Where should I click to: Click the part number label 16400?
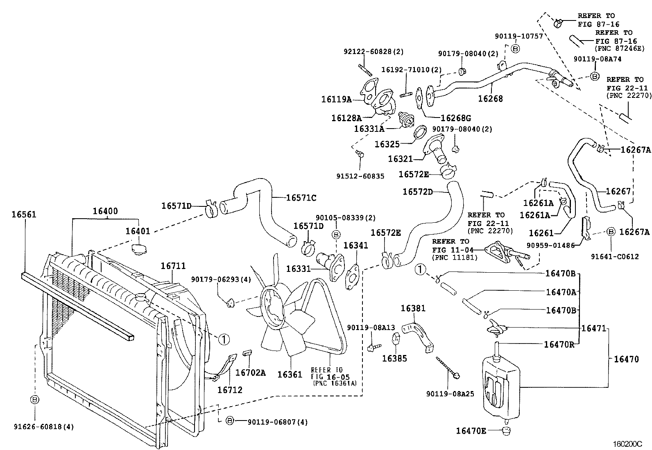pos(105,211)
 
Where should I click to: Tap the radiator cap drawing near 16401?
pos(139,248)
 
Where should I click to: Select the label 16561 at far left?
pos(23,214)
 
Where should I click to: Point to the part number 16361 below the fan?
pos(290,374)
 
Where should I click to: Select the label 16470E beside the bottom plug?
pos(471,430)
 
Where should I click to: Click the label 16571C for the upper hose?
pos(301,198)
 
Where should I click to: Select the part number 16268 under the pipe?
pos(490,99)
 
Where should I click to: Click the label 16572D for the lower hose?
pos(417,191)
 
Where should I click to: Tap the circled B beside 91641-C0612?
pos(610,231)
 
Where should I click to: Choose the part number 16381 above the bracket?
pos(413,308)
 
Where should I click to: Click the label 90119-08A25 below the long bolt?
pos(450,393)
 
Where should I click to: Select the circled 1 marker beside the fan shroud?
pos(223,339)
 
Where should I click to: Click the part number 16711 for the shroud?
pos(173,266)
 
